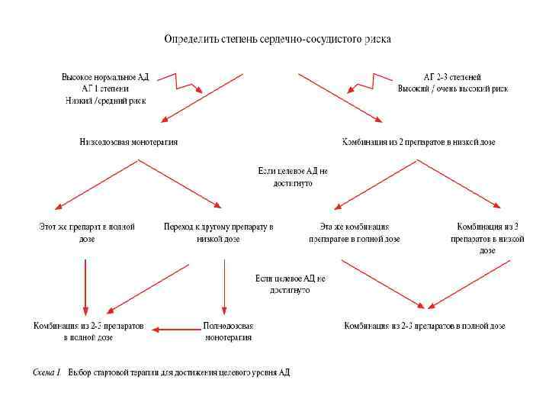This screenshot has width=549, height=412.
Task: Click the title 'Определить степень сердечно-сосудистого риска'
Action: tap(278, 39)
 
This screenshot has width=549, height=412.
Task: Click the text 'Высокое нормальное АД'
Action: tap(105, 77)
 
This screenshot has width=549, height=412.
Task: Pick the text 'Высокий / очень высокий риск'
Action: tap(452, 89)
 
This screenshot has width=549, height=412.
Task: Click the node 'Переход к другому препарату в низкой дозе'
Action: tap(218, 232)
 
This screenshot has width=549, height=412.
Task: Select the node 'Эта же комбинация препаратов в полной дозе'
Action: tap(355, 232)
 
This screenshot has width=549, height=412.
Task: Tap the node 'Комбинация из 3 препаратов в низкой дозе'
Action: tap(487, 238)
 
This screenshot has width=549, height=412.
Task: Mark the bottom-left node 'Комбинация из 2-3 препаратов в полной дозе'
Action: tap(88, 331)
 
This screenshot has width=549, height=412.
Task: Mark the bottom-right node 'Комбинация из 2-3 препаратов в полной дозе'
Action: tap(425, 326)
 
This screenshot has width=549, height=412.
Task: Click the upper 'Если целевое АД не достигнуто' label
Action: tap(292, 177)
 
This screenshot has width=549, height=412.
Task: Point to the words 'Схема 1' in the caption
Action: tap(47, 373)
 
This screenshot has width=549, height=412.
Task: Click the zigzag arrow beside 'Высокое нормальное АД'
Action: tap(187, 82)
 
